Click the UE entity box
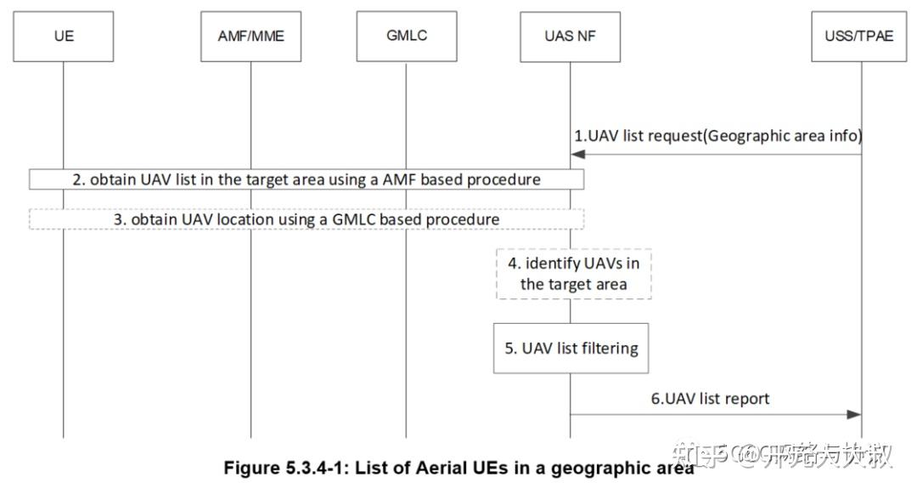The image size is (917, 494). pyautogui.click(x=64, y=37)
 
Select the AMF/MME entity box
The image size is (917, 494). pyautogui.click(x=250, y=37)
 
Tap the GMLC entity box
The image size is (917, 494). pyautogui.click(x=405, y=37)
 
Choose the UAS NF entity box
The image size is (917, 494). pyautogui.click(x=570, y=37)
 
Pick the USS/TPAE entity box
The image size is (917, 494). pyautogui.click(x=860, y=37)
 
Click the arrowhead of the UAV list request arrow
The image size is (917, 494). pyautogui.click(x=577, y=155)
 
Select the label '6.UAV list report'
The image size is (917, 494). pyautogui.click(x=717, y=398)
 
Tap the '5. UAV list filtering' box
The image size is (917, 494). pyautogui.click(x=571, y=348)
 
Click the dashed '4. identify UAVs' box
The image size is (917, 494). pyautogui.click(x=573, y=274)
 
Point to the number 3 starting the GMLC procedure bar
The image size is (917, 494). pyautogui.click(x=119, y=219)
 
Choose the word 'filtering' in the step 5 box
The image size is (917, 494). pyautogui.click(x=606, y=348)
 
